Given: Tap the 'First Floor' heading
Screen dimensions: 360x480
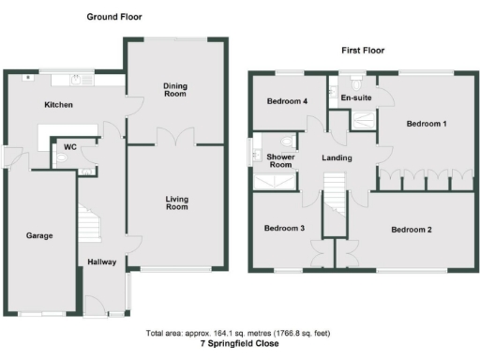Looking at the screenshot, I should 362,50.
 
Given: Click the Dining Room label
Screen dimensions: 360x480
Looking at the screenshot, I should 176,90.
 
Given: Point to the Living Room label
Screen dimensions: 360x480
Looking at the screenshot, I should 176,202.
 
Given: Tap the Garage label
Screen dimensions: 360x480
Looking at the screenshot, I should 38,235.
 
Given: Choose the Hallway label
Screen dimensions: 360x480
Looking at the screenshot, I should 101,262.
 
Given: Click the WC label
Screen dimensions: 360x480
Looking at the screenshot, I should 69,148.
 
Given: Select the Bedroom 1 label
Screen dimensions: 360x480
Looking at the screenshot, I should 426,124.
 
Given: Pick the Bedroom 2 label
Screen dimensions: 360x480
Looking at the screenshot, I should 411,230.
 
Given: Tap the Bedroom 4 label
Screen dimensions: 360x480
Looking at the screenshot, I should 286,101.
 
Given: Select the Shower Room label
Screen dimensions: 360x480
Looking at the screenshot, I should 280,161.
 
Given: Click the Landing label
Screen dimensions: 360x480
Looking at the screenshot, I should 337,157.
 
